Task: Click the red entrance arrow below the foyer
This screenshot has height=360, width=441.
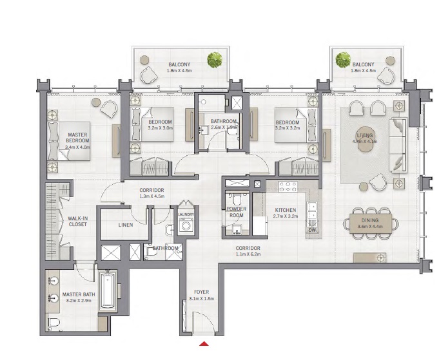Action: (x=204, y=343)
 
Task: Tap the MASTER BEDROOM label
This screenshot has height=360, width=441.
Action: (x=78, y=138)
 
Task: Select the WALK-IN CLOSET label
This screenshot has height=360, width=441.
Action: (x=78, y=222)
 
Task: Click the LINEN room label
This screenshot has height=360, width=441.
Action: (x=126, y=225)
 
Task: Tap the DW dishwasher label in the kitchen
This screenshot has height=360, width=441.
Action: (x=312, y=229)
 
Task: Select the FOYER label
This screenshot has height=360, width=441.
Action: (x=202, y=292)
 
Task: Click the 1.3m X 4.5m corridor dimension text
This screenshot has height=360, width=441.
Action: (x=152, y=197)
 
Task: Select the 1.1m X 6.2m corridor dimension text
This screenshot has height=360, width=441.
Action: (x=247, y=254)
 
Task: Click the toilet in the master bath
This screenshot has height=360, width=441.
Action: (x=54, y=322)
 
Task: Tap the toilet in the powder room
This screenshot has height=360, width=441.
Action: (x=236, y=200)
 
